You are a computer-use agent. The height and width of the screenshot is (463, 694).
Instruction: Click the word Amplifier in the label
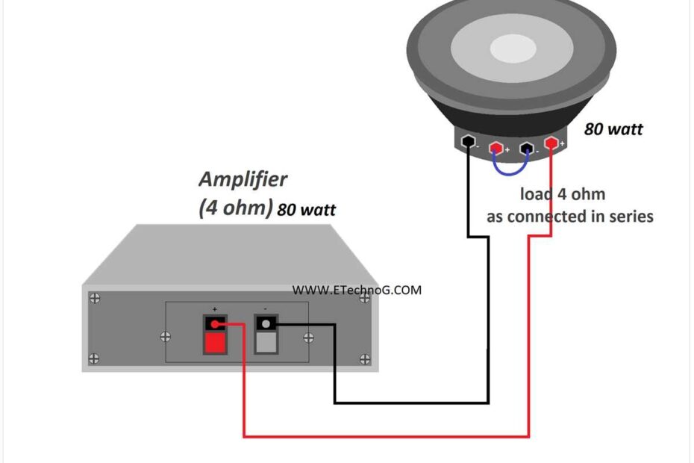point(243,180)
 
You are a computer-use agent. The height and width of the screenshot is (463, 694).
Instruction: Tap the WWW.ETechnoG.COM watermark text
point(356,290)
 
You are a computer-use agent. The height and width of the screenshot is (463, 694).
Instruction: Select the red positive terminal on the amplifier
point(215,334)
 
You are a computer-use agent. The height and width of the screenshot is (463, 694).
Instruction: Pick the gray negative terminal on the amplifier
point(266,334)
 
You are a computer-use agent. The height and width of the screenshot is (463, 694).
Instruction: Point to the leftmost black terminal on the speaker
point(469,141)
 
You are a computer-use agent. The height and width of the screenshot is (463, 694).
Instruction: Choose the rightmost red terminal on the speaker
point(551,142)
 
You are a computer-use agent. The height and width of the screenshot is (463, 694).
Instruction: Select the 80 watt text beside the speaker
point(613,129)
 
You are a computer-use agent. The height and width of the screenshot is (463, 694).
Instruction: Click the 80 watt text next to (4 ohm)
point(306,211)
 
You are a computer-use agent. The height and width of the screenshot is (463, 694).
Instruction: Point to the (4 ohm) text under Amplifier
point(235,207)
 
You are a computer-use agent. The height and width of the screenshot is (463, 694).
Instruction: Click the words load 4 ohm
point(562,195)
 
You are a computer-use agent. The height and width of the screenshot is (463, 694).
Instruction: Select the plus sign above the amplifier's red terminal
point(215,308)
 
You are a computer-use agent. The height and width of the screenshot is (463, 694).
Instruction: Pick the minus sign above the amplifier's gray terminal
point(266,308)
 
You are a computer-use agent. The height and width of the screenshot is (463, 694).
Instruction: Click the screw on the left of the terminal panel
point(165,337)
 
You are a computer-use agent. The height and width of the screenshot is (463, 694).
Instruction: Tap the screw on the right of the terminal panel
point(308,337)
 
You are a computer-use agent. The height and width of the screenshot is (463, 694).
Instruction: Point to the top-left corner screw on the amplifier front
point(95,298)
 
